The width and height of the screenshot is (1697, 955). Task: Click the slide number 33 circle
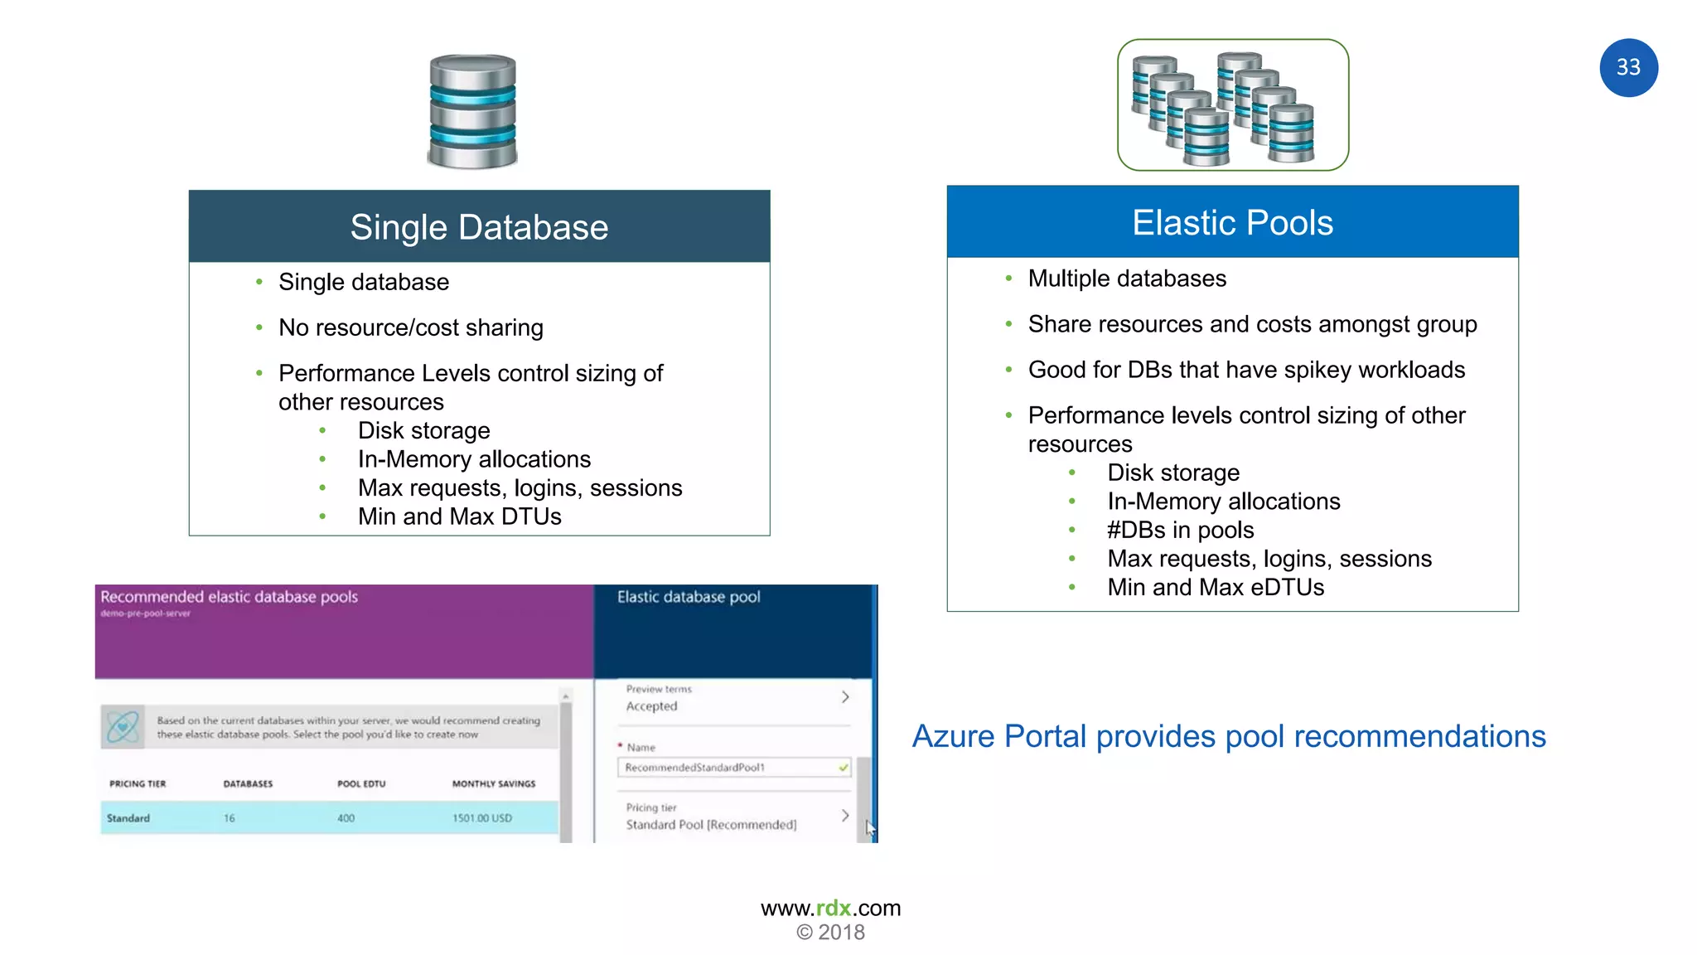[1628, 68]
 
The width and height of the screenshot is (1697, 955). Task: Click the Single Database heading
[479, 227]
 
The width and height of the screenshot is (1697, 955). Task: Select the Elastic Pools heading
[1232, 223]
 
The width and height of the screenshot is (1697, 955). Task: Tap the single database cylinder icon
[472, 111]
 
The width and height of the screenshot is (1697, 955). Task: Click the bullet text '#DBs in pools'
[1180, 531]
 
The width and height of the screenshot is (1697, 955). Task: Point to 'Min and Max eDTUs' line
[1216, 588]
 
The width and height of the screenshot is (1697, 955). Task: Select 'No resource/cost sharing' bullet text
[411, 328]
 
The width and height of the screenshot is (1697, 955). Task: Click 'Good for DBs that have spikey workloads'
[1246, 370]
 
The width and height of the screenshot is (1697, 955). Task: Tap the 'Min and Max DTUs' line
[459, 517]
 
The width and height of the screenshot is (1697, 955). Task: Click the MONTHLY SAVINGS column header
[494, 783]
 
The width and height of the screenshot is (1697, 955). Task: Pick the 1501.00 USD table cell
[482, 818]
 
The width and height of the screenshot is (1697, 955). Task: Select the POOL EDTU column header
[361, 783]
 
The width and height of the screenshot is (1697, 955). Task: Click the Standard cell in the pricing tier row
[128, 818]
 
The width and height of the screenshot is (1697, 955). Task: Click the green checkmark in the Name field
[844, 768]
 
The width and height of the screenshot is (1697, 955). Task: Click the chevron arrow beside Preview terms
[845, 697]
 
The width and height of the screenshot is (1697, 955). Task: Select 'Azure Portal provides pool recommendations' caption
[1229, 736]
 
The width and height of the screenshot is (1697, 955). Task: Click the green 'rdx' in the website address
[834, 909]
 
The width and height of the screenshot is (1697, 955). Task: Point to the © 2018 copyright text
[830, 933]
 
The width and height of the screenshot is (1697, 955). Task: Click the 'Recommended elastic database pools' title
[230, 597]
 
